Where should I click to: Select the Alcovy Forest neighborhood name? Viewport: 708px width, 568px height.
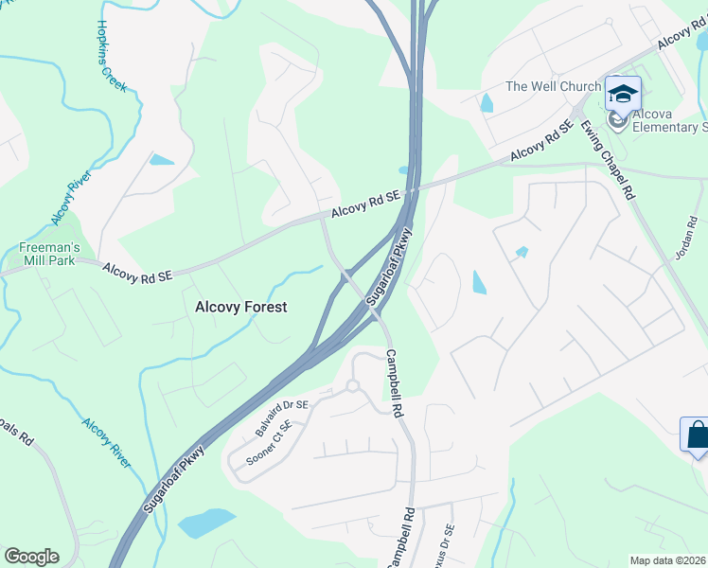[240, 307]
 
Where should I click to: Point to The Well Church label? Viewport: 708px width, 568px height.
[553, 86]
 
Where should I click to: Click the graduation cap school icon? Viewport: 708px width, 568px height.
[623, 94]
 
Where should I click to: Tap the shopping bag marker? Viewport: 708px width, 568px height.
[697, 435]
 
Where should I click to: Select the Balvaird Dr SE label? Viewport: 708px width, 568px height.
[282, 417]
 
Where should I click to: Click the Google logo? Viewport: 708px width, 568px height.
[31, 557]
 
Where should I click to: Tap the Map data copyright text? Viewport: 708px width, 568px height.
[668, 560]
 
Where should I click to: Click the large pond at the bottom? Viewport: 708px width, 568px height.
[205, 522]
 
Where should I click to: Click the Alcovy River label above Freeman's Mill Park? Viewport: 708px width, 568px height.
[67, 201]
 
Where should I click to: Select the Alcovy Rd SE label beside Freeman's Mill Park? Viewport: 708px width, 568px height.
[138, 274]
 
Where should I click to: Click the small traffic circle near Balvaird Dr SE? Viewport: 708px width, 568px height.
[351, 385]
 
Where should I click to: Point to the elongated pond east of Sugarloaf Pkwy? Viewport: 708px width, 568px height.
[478, 281]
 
